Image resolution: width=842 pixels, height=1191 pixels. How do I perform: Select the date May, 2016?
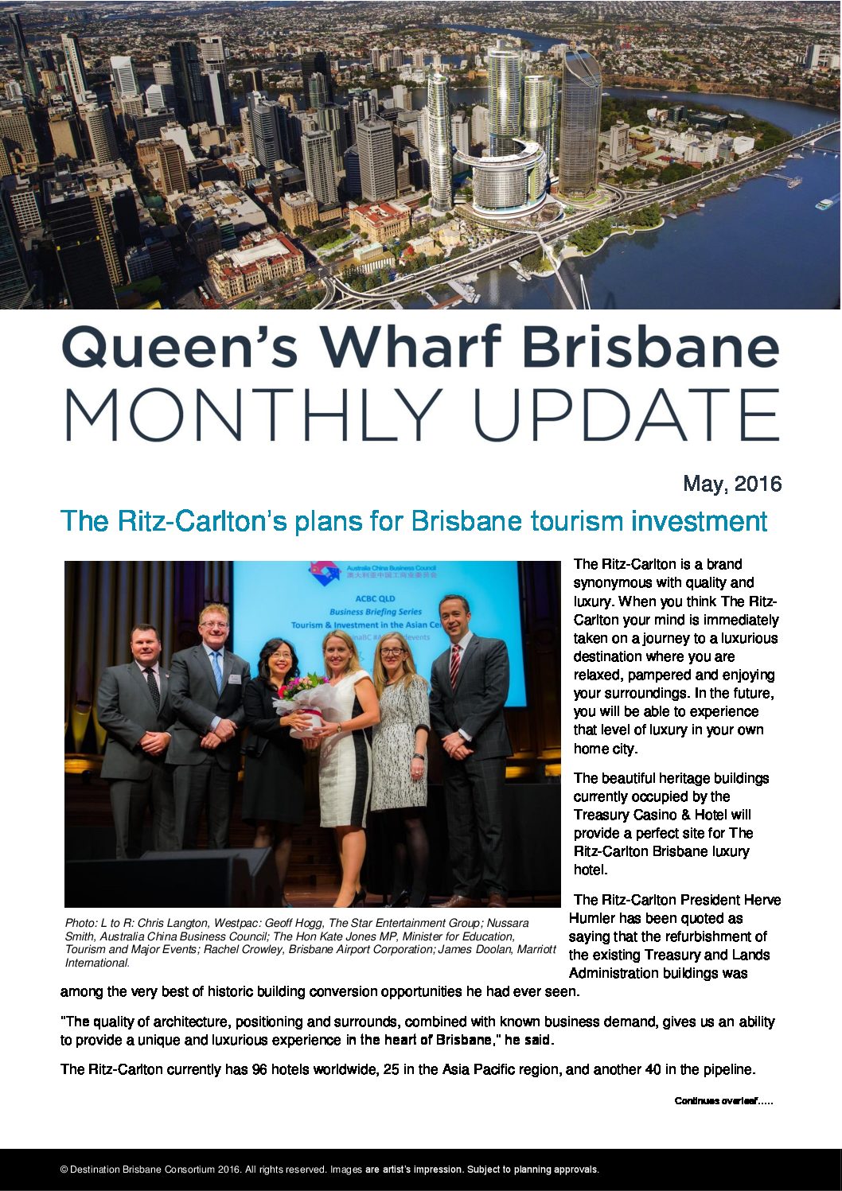tap(731, 484)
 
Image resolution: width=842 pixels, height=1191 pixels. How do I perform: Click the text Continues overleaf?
tap(723, 1101)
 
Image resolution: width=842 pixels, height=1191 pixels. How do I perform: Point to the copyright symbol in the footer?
tap(64, 1170)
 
